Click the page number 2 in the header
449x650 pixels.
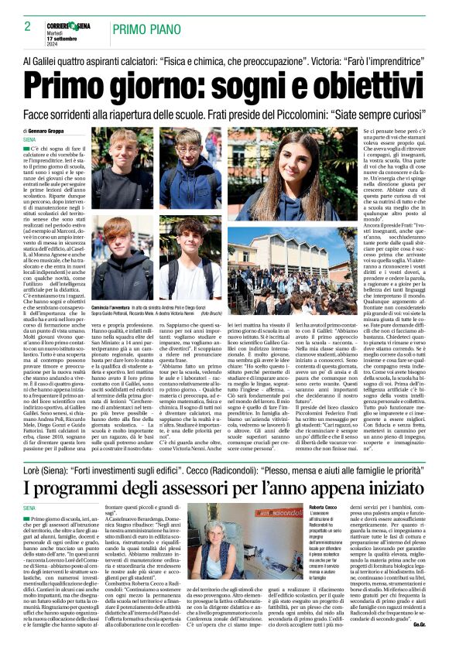pyautogui.click(x=16, y=27)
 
